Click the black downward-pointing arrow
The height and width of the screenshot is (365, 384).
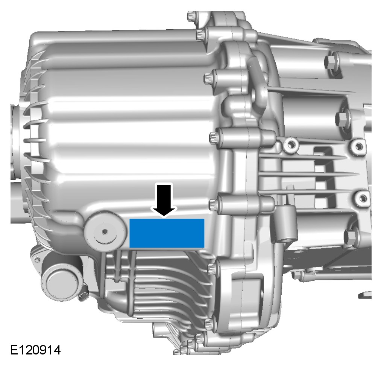click(164, 200)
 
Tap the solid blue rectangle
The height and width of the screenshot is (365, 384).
click(167, 233)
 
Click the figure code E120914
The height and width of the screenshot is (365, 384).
click(35, 350)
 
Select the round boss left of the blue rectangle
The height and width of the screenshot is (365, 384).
click(105, 231)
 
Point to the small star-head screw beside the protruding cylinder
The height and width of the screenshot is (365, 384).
click(37, 259)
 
